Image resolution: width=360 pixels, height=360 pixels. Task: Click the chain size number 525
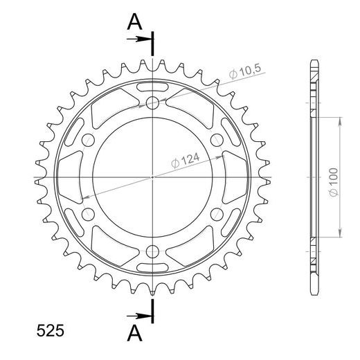point(50,331)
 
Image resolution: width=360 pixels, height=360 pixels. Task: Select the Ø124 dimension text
point(186,161)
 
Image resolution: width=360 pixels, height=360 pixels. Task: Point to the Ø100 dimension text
point(334,182)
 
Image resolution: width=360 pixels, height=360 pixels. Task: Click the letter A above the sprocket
point(134,21)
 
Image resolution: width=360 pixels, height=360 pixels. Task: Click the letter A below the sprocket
point(134,334)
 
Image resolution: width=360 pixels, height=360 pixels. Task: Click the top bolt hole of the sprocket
point(152,102)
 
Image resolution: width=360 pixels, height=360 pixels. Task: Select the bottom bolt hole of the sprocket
point(152,251)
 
